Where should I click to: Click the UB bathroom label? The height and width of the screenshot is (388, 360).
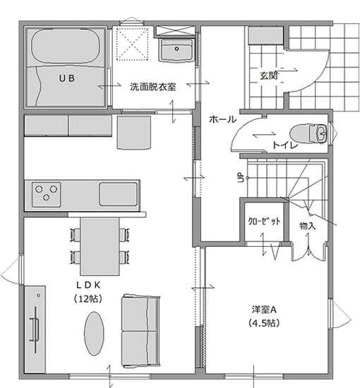click(67, 78)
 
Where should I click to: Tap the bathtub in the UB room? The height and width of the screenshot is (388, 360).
click(66, 46)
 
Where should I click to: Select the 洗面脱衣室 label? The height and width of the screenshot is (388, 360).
click(152, 87)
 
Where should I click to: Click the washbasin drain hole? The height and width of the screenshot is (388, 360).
click(176, 49)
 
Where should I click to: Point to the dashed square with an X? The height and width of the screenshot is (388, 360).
click(132, 44)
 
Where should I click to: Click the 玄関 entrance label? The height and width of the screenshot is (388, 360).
click(269, 75)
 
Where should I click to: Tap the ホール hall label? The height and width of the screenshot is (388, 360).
click(223, 119)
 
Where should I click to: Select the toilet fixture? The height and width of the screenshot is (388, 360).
click(308, 133)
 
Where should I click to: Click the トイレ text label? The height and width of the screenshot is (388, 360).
click(285, 145)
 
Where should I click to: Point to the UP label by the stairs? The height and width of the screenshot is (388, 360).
click(241, 177)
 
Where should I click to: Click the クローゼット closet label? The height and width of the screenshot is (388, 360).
click(264, 221)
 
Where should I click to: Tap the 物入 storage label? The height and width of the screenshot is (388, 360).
click(307, 226)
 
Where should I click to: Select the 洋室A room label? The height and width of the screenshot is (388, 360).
click(264, 309)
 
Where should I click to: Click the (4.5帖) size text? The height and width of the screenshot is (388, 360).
click(264, 322)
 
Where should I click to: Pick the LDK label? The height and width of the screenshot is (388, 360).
click(88, 285)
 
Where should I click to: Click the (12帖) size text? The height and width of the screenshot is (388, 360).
click(88, 298)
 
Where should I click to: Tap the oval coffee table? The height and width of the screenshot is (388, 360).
click(94, 333)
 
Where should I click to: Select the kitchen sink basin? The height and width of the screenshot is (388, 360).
click(119, 194)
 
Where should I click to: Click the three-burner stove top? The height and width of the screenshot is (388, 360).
click(47, 195)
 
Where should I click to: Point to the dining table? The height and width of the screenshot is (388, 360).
click(100, 246)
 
